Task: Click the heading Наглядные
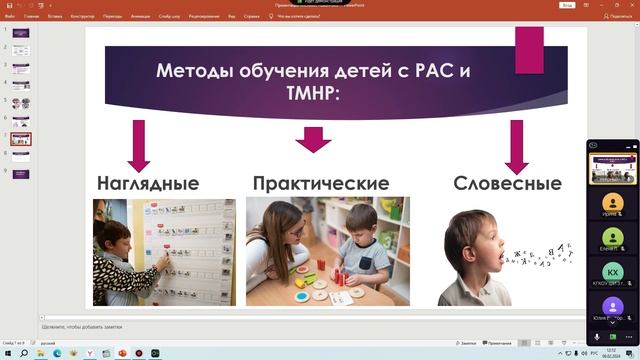click(147, 184)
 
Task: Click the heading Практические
click(320, 184)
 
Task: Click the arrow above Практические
click(314, 139)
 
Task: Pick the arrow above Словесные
click(516, 146)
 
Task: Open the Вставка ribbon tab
click(56, 17)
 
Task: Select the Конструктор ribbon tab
click(83, 17)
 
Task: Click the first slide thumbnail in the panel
click(21, 33)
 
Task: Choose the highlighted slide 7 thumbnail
click(21, 139)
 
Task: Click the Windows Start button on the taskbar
click(7, 353)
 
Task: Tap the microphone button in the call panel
click(598, 338)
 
